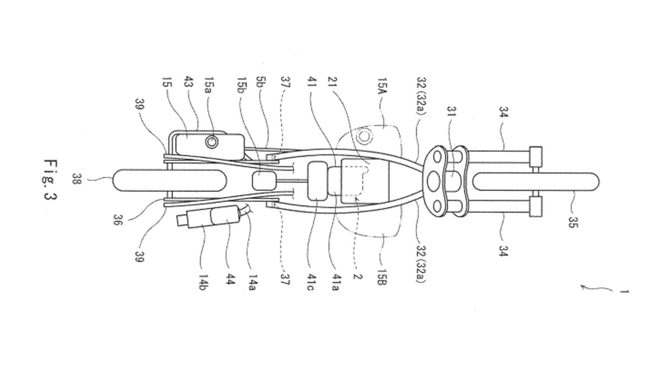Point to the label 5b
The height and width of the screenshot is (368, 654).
click(x=262, y=85)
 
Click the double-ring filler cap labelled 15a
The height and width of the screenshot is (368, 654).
click(x=212, y=142)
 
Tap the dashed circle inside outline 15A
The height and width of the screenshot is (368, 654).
click(x=364, y=136)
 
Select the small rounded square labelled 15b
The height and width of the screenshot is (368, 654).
click(x=265, y=180)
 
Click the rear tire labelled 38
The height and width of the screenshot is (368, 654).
click(x=169, y=180)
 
